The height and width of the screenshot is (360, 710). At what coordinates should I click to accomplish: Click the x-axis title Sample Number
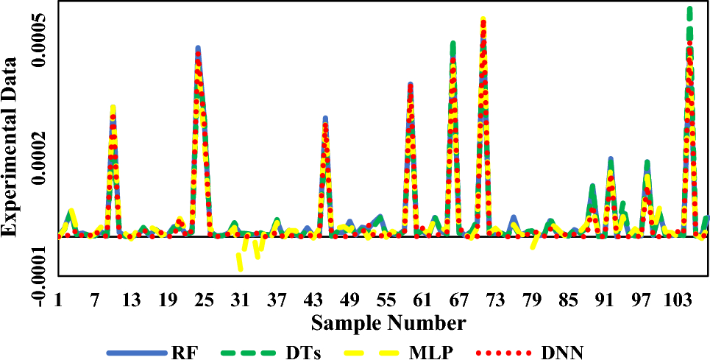coord(388,322)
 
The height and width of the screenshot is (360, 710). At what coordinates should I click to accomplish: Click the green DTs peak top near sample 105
coord(690,10)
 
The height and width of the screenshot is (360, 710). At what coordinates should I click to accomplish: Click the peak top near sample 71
coord(483,20)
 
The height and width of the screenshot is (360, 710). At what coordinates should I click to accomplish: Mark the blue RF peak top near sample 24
coord(198,49)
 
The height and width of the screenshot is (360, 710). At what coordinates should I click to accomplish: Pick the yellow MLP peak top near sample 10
coord(113,107)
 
